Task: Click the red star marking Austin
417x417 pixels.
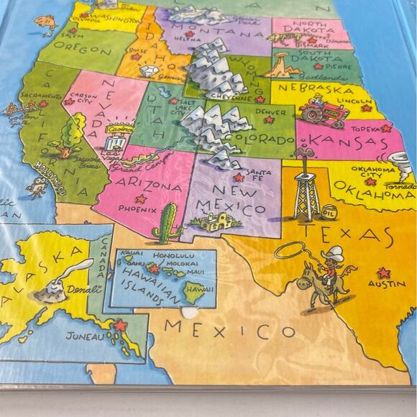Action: coord(383,273)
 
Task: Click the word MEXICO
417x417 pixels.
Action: coord(229,331)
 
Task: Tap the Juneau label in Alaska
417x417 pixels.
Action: coord(85,335)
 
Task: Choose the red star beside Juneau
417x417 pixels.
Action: coord(119,326)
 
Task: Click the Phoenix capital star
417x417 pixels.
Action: coord(141,198)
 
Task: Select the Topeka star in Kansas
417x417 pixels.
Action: coord(385,129)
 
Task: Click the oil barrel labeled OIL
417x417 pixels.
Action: coord(329,211)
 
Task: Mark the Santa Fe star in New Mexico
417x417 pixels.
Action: coord(239,177)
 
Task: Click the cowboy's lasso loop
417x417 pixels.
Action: coord(292,251)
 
